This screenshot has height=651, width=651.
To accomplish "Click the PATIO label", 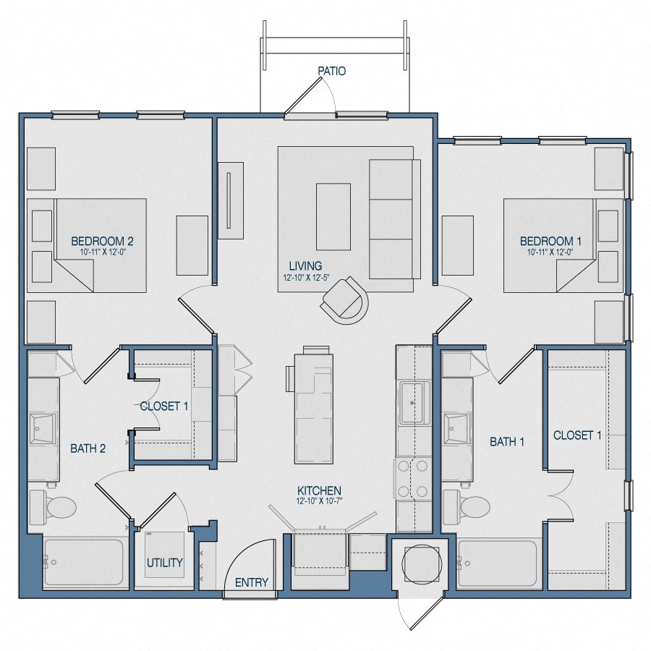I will tap(331, 71).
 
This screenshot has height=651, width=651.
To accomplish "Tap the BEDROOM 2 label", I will tap(102, 241).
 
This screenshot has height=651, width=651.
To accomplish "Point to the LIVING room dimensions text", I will tap(304, 277).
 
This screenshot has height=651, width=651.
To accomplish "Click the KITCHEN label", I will tap(318, 490).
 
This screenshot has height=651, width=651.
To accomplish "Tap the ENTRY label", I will tap(252, 582).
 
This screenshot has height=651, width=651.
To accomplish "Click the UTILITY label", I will tap(164, 563).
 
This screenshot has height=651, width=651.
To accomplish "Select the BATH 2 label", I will tap(88, 448).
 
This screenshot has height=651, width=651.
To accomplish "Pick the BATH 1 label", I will tap(507, 441).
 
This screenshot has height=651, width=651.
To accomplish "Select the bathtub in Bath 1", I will tap(498, 563).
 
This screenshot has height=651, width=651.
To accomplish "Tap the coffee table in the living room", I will tap(333, 216).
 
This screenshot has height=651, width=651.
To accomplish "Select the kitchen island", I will tap(314, 409).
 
